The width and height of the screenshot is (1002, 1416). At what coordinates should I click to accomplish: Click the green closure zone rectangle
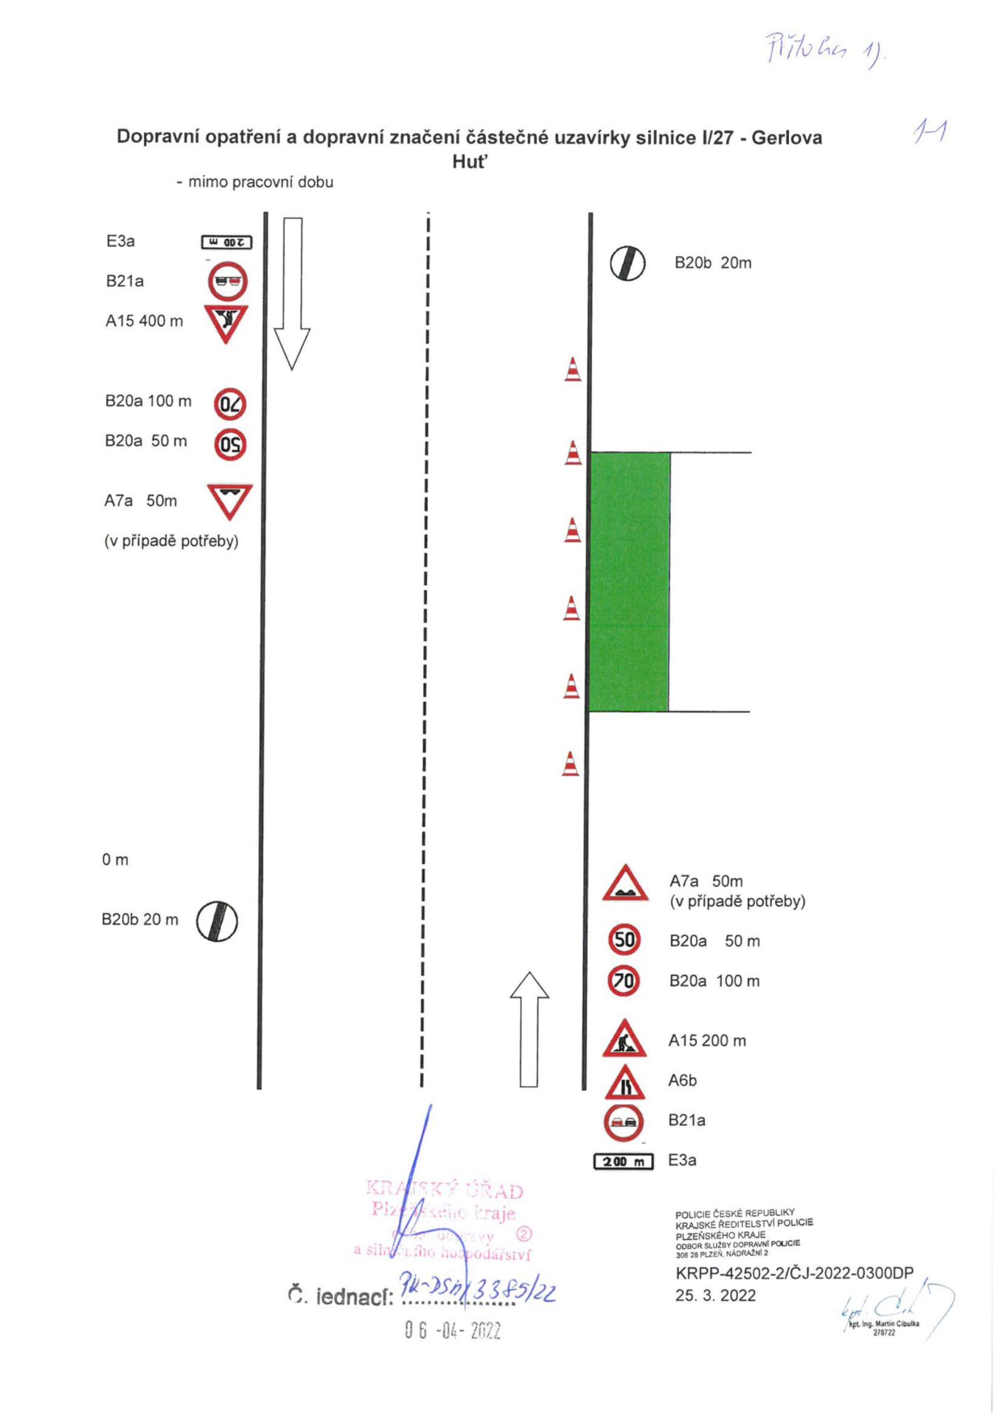pos(630,581)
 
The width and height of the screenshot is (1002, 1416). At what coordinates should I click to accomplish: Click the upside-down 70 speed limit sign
pos(230,404)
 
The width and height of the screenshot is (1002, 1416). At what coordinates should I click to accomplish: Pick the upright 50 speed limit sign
pos(624,940)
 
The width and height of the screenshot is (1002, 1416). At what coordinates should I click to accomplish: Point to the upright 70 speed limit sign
pos(624,981)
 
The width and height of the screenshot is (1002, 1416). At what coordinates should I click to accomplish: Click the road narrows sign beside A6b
pos(625,1082)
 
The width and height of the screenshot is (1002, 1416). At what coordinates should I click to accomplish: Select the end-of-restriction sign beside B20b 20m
pos(627,263)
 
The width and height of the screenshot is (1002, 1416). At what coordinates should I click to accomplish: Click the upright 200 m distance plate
pos(623,1162)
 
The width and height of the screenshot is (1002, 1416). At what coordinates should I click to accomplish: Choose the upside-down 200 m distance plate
pos(227,242)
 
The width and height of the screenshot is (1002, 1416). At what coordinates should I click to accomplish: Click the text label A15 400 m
pos(144,321)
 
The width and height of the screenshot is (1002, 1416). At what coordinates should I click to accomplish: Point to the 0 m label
pos(115,860)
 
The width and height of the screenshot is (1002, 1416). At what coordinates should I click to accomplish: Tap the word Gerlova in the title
pos(787,138)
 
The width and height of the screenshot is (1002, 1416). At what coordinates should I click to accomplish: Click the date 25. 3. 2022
pos(715,1296)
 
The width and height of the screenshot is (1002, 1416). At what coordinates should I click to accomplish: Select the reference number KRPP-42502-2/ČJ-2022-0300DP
pos(794,1273)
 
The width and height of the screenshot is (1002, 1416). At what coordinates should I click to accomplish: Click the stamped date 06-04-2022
pos(453,1330)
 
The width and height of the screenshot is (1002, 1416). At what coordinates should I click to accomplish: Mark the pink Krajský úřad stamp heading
pos(445,1190)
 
